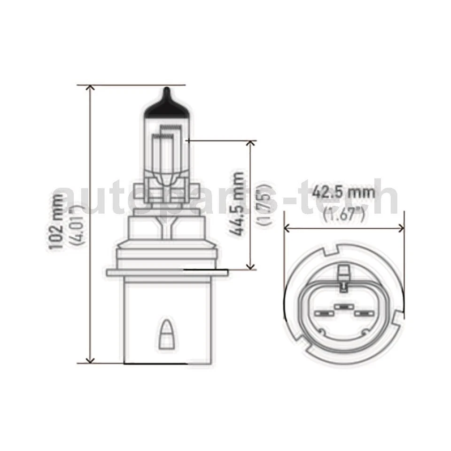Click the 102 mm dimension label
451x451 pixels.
point(55,225)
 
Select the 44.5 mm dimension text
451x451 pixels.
point(238,204)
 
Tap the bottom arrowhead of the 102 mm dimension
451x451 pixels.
point(89,359)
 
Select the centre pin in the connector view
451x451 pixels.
point(344,307)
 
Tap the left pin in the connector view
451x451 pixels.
point(324,313)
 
